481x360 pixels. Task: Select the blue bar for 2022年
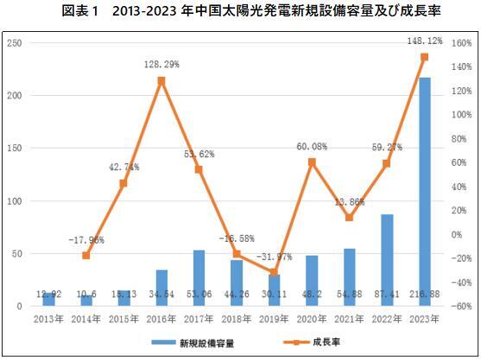click(x=387, y=259)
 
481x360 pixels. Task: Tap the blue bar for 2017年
click(x=199, y=277)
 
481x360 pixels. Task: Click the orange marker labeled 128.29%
click(x=161, y=81)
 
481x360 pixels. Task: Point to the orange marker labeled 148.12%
click(x=424, y=57)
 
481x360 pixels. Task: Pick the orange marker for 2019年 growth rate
click(x=274, y=272)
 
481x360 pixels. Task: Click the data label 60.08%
click(x=312, y=147)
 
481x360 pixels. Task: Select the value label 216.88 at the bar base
click(x=424, y=295)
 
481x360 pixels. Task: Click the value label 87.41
click(x=387, y=295)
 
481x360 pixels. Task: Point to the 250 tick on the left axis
click(x=15, y=43)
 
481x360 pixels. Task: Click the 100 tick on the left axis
click(x=15, y=201)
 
